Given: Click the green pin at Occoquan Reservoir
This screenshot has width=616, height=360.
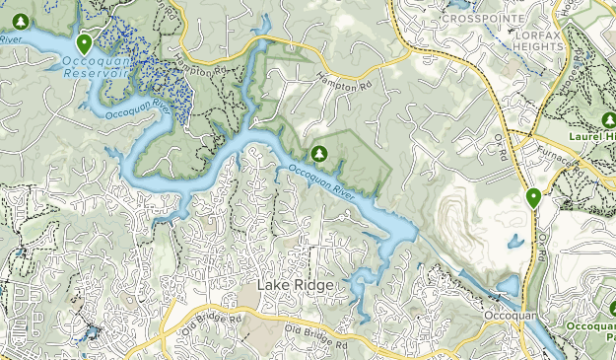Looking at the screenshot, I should [85, 43].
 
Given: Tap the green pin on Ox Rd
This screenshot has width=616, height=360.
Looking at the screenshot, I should [533, 197].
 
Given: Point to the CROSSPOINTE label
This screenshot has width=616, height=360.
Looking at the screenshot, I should [482, 18].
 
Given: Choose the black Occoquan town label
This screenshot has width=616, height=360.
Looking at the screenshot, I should [508, 316].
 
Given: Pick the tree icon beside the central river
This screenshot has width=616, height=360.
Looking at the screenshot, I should [319, 153].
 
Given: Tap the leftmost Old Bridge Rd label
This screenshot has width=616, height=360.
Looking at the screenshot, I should [211, 322].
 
